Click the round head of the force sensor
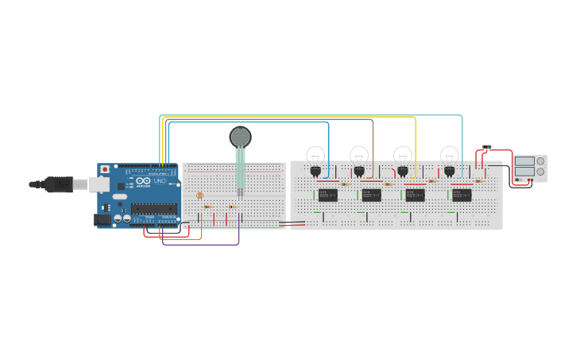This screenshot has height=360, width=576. tap(240, 137)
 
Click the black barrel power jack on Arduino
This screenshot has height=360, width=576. tap(102, 219)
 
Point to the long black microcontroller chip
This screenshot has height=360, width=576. tap(153, 209)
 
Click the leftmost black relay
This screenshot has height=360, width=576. tap(327, 195)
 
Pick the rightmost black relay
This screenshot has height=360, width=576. tap(462, 195)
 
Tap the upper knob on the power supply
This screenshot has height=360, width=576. tap(541, 161)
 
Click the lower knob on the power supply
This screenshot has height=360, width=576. tap(541, 172)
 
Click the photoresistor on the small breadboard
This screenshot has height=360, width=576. tap(199, 195)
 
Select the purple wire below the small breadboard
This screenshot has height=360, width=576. tap(203, 244)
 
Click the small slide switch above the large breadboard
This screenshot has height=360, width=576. tap(487, 148)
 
